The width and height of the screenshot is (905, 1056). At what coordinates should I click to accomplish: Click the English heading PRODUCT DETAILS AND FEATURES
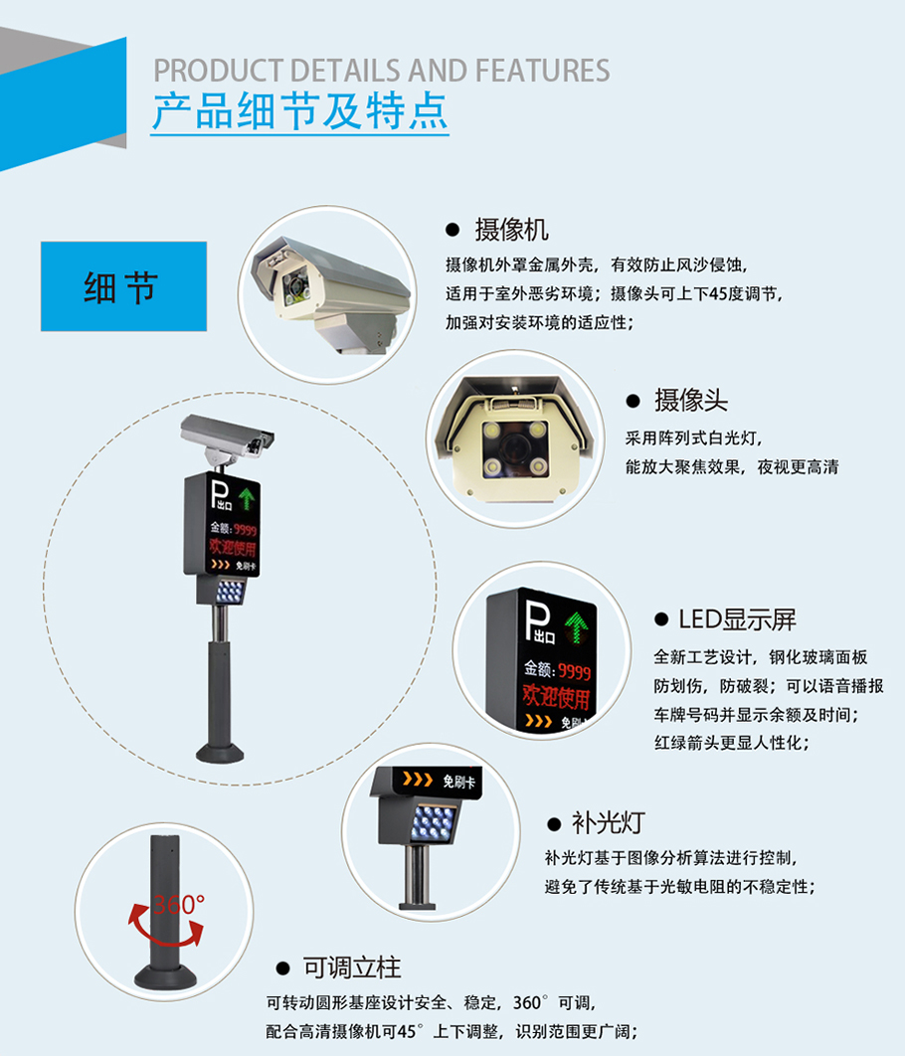coord(382,71)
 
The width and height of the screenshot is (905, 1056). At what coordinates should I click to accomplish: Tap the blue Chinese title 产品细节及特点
coord(300,111)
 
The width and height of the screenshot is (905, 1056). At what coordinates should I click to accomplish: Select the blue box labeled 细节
coord(124,286)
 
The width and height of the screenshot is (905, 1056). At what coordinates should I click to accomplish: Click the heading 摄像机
coord(512,230)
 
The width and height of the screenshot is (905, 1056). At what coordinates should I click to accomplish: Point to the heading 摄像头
coord(691,400)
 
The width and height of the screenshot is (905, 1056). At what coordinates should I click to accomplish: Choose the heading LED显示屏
coord(737,618)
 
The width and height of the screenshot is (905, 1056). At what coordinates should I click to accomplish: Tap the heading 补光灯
coord(608,822)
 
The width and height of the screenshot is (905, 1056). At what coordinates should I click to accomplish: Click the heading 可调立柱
coord(351,968)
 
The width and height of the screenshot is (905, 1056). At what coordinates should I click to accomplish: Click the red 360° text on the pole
coord(178,905)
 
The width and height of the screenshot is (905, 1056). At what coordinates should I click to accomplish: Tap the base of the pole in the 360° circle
coord(166,975)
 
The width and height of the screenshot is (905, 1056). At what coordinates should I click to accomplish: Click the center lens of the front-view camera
coord(516,445)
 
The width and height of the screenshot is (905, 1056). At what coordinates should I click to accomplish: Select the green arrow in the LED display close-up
coord(577,626)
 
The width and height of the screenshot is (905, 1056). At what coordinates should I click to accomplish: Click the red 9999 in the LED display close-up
coord(575,671)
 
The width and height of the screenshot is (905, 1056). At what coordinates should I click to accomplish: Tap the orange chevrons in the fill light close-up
coord(418,780)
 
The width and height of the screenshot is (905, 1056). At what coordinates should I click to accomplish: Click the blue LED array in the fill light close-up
coord(435,823)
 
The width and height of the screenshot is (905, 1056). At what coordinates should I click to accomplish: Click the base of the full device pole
coord(220,752)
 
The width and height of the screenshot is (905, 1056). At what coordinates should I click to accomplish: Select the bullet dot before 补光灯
coord(554,823)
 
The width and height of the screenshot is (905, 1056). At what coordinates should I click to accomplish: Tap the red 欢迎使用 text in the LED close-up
coord(556,697)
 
